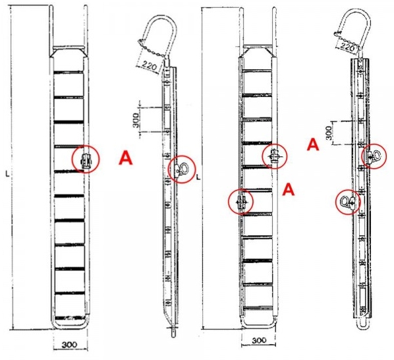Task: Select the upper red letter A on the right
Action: pyautogui.click(x=313, y=144)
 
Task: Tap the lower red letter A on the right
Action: pyautogui.click(x=288, y=189)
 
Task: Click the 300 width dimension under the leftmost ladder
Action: pyautogui.click(x=70, y=344)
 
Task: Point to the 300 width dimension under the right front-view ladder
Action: pyautogui.click(x=259, y=340)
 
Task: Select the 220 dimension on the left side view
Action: pyautogui.click(x=150, y=66)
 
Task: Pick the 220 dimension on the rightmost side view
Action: pyautogui.click(x=348, y=47)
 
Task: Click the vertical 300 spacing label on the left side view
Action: pyautogui.click(x=136, y=120)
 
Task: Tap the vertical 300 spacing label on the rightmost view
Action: pyautogui.click(x=329, y=133)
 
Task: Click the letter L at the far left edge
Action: pyautogui.click(x=7, y=173)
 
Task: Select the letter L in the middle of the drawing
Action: pyautogui.click(x=198, y=177)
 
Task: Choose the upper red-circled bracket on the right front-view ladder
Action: pyautogui.click(x=274, y=156)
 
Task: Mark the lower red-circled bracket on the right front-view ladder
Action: pyautogui.click(x=241, y=202)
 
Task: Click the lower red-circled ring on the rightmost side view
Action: pyautogui.click(x=347, y=202)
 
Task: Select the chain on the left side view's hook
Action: pyautogui.click(x=152, y=49)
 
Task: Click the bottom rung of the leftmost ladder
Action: pyautogui.click(x=70, y=318)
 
